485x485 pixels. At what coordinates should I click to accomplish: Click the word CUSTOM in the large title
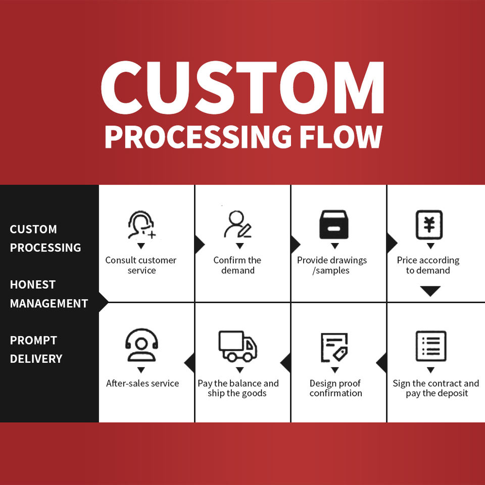click(243, 87)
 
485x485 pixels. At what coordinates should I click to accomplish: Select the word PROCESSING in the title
click(198, 137)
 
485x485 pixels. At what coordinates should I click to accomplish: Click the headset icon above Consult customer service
click(141, 225)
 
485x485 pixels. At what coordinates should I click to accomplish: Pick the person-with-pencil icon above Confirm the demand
click(238, 225)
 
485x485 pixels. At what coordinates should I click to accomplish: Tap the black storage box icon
click(333, 225)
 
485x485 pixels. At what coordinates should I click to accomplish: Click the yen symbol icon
click(429, 225)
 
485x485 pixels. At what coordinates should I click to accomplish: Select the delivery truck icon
click(238, 346)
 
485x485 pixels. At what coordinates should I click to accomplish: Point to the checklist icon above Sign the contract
click(430, 346)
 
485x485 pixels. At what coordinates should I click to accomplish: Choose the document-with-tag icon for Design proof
click(334, 347)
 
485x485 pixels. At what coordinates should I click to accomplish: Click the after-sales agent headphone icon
click(141, 345)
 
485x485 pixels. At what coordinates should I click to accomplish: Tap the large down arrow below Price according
click(430, 291)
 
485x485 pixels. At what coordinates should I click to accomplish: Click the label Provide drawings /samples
click(332, 265)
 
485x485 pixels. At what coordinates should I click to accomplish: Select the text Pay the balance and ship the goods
click(238, 388)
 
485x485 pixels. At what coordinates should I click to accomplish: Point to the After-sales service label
click(142, 383)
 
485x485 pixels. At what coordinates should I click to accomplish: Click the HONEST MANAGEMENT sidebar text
click(48, 294)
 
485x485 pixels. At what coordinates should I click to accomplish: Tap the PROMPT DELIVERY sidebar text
click(36, 350)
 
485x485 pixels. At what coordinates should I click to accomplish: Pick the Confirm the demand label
click(237, 265)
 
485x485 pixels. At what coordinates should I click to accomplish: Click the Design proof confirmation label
click(335, 388)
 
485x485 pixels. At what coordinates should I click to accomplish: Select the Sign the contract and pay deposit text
click(436, 388)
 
